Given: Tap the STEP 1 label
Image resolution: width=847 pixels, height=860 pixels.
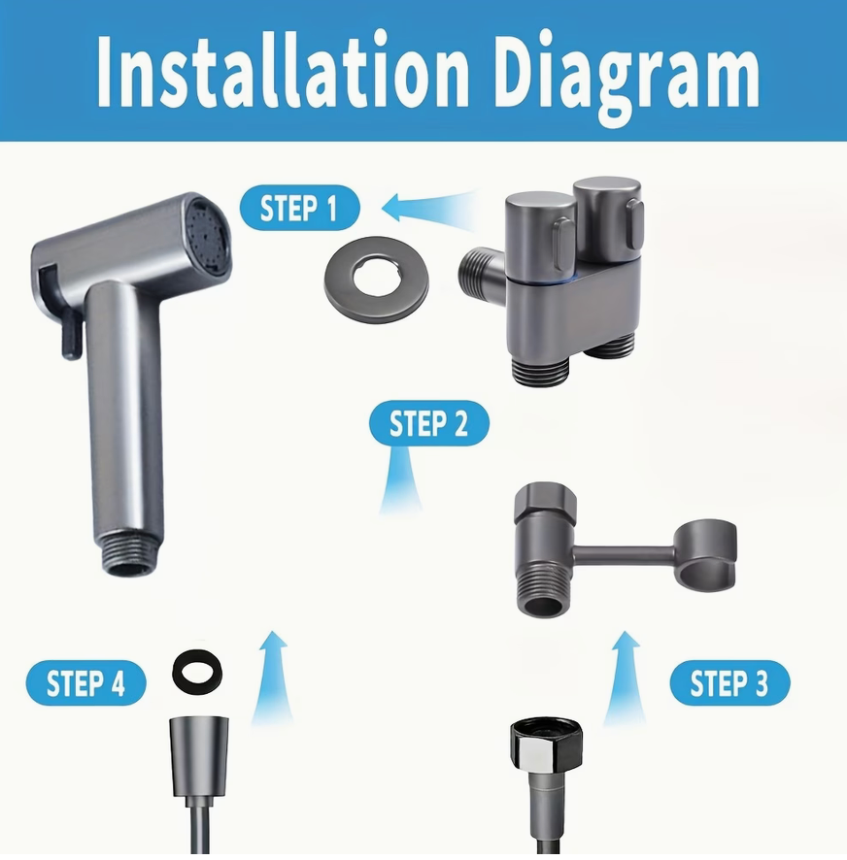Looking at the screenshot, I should pyautogui.click(x=299, y=208).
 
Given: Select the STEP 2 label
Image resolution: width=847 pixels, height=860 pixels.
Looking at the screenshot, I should pyautogui.click(x=428, y=424).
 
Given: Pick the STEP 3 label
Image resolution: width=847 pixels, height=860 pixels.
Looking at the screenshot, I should pyautogui.click(x=728, y=684).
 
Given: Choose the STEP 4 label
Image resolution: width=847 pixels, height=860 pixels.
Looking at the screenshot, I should pyautogui.click(x=85, y=684).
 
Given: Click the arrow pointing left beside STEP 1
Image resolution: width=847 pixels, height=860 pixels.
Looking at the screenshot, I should pyautogui.click(x=427, y=208).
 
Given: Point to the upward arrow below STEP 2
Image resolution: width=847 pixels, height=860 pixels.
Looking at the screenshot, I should pyautogui.click(x=400, y=482).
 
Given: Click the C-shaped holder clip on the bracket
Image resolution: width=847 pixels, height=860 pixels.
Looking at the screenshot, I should pyautogui.click(x=706, y=552).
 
